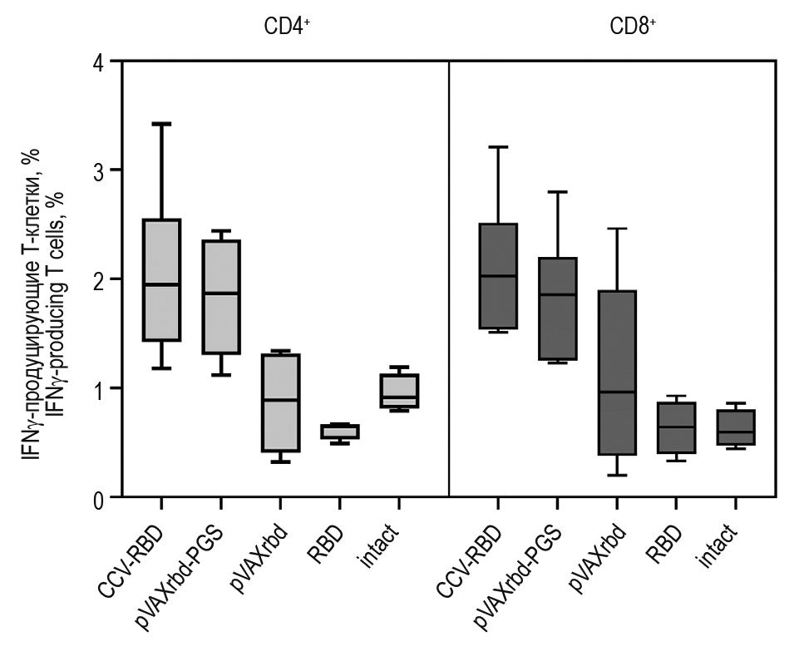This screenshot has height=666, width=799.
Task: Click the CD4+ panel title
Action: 288,26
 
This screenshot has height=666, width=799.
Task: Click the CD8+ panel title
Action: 633,26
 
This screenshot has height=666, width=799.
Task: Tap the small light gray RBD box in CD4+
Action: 340,432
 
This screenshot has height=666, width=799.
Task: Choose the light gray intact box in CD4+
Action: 399,391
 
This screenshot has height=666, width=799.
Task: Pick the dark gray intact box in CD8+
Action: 736,427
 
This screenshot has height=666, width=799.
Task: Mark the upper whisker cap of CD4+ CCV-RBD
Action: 161,124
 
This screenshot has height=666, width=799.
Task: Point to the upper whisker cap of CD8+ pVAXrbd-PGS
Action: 556,192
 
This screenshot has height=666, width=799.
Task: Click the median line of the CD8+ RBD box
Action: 676,427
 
